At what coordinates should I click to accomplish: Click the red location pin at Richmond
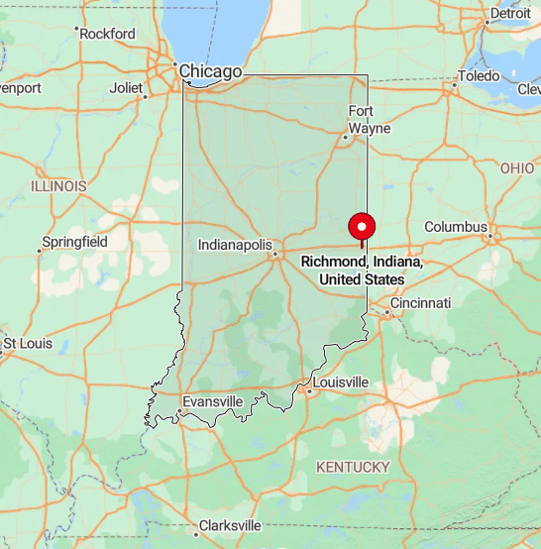[x=362, y=225]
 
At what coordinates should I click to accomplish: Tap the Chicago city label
[x=209, y=71]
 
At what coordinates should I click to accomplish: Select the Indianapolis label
[x=234, y=244]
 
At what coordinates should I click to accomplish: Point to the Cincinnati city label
[x=420, y=302]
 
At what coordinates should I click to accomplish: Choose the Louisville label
[x=340, y=383]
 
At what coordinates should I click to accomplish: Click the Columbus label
[x=456, y=227]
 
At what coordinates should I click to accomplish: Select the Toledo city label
[x=480, y=76]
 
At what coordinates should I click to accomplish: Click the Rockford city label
[x=108, y=34]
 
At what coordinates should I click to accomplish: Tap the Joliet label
[x=126, y=87]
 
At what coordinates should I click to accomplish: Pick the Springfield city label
[x=74, y=242]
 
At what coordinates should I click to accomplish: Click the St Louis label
[x=26, y=344]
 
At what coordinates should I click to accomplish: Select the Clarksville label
[x=230, y=525]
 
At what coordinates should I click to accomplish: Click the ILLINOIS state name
[x=58, y=186]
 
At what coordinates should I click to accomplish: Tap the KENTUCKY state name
[x=352, y=467]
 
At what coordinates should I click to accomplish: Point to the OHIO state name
[x=517, y=168]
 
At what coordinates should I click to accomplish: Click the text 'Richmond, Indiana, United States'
[x=362, y=271]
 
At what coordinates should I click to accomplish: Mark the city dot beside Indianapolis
[x=274, y=254]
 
